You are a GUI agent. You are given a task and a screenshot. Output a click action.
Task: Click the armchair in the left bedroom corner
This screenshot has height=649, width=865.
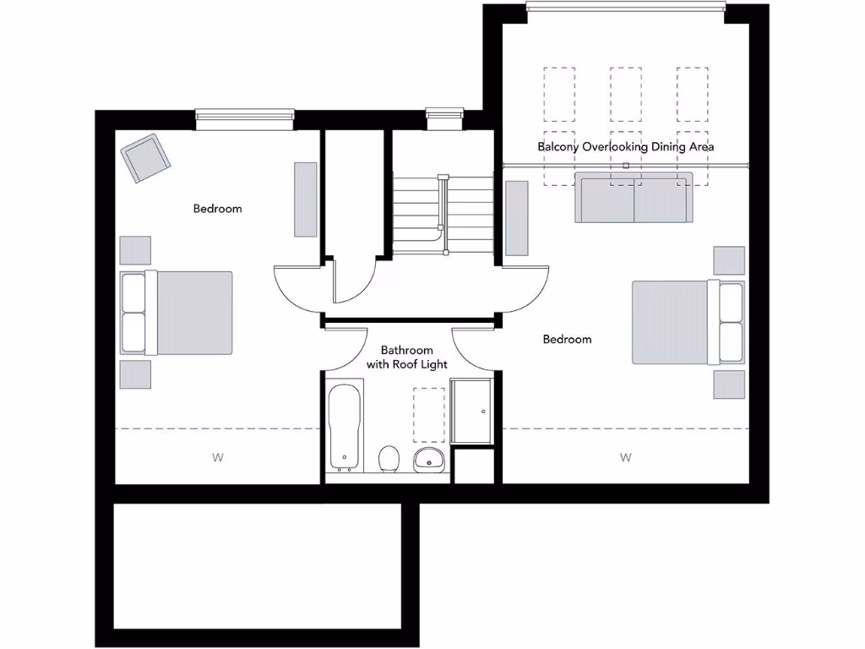tap(145, 158)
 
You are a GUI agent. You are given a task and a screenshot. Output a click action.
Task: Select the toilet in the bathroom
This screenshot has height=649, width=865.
tap(389, 459)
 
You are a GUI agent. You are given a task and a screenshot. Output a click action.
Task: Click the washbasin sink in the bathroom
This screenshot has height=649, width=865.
tap(429, 460)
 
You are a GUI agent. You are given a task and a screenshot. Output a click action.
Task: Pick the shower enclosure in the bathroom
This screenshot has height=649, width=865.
tap(471, 412)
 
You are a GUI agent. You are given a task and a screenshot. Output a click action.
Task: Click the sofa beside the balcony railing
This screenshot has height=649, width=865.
tap(634, 198)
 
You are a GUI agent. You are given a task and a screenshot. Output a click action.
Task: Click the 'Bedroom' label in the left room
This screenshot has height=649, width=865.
tap(217, 209)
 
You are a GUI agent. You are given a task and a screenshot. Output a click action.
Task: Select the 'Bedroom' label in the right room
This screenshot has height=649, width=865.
tap(567, 339)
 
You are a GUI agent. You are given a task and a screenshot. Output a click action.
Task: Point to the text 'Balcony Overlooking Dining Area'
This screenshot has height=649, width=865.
tap(626, 146)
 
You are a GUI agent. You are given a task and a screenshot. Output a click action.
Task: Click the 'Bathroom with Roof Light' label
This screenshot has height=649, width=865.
tap(406, 357)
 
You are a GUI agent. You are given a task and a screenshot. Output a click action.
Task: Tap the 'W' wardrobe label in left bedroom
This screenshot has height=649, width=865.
tap(217, 458)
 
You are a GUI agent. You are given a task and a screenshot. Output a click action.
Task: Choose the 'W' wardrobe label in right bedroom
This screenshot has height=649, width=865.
tap(626, 458)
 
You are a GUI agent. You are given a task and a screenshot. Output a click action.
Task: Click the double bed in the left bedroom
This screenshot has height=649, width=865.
tap(177, 313)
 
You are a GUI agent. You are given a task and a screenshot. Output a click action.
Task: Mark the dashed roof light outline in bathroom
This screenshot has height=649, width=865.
tap(429, 415)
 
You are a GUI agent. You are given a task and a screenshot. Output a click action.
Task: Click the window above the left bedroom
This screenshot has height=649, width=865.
tap(245, 119)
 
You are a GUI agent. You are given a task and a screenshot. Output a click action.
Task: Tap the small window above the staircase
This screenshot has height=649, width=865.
tap(444, 117)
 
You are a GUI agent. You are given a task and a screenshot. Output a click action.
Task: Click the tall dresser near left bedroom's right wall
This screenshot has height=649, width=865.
tap(304, 199)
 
